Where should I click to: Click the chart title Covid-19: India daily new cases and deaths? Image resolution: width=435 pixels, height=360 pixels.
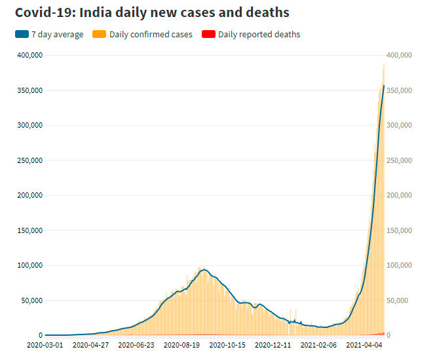tap(152, 12)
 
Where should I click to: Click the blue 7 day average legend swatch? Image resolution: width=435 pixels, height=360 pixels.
tap(22, 34)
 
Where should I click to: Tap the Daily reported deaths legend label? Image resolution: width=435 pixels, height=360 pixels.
tap(259, 34)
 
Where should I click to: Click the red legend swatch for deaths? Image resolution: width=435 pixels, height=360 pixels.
tap(208, 34)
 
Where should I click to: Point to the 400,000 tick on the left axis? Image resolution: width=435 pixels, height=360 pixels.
tap(28, 55)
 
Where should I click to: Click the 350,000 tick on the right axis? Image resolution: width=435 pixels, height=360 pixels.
tap(399, 90)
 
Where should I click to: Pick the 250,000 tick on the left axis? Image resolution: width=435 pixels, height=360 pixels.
tap(28, 160)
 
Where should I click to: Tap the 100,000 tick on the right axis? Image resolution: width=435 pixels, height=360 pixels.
tap(399, 265)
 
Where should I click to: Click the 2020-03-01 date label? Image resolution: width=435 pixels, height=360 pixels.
tap(45, 344)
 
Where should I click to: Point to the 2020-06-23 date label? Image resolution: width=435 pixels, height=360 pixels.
tap(136, 344)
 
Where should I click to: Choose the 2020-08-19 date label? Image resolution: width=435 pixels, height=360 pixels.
tap(182, 344)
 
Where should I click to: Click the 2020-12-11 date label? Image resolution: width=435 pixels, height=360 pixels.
tap(273, 344)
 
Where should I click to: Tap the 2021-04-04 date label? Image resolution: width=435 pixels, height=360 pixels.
tap(364, 344)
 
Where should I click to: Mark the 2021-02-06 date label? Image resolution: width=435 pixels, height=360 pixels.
tap(319, 344)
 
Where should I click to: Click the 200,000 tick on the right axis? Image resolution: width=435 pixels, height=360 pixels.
tap(399, 195)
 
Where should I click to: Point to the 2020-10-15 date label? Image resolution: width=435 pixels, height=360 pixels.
tap(227, 344)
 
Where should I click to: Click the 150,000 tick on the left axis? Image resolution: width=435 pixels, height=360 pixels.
tap(28, 230)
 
